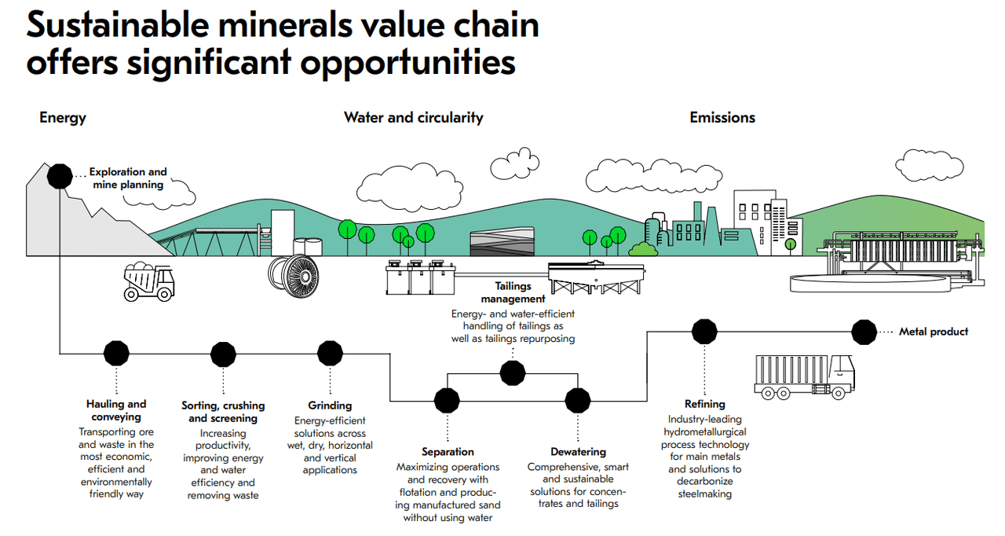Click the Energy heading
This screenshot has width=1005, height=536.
point(63,118)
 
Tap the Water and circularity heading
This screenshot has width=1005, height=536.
point(413,118)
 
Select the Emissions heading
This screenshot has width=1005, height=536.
point(722,118)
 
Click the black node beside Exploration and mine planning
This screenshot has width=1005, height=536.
point(60,175)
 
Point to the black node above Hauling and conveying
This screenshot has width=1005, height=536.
point(116,354)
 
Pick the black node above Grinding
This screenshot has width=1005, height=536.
point(330,354)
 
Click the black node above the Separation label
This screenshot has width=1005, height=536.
point(447,399)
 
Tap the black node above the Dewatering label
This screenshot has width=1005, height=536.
point(578,399)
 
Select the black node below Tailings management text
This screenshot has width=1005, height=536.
point(513,372)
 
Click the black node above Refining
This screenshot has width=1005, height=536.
point(704,332)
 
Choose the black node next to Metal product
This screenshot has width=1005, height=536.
point(864,332)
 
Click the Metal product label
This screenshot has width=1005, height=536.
point(934,332)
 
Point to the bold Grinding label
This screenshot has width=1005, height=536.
point(330,406)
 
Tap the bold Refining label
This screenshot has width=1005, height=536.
point(704,404)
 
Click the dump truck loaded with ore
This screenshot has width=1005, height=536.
point(149,282)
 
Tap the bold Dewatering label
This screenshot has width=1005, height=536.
point(578,452)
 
